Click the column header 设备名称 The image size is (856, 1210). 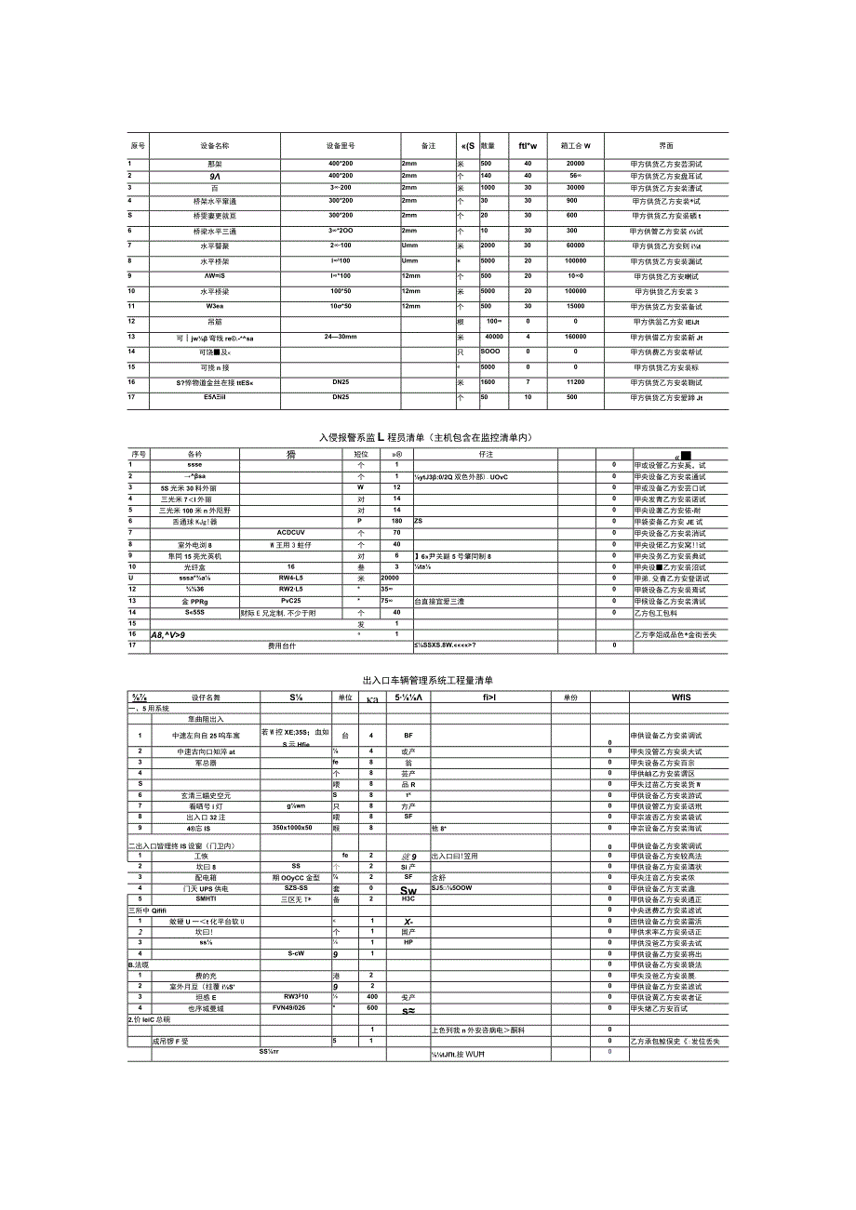click(x=215, y=146)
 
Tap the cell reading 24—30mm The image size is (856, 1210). click(x=340, y=337)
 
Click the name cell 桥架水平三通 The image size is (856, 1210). click(x=214, y=230)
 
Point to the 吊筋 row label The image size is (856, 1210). click(x=214, y=321)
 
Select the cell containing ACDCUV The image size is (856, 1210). click(x=291, y=532)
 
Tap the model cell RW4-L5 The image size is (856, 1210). click(x=291, y=578)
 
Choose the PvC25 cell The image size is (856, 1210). click(x=291, y=601)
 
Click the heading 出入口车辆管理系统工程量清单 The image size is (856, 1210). click(x=428, y=681)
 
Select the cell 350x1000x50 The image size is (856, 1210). click(x=292, y=827)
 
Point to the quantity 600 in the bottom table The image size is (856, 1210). click(x=372, y=1007)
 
